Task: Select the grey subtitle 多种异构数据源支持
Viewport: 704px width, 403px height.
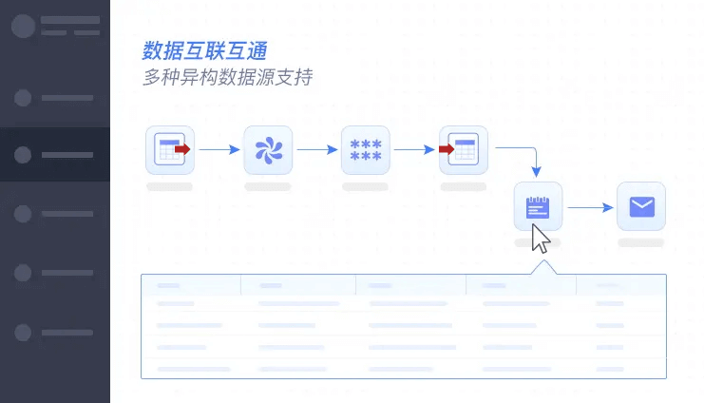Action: [227, 78]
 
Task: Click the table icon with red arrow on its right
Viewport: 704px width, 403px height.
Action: [170, 149]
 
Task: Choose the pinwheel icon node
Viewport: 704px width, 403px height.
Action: [268, 149]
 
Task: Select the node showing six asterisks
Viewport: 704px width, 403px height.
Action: [366, 149]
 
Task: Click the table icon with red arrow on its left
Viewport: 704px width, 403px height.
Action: [464, 149]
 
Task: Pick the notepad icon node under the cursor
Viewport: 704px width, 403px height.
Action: [538, 205]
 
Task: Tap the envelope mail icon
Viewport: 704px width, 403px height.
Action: [641, 206]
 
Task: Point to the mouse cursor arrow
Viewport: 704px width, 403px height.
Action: [540, 239]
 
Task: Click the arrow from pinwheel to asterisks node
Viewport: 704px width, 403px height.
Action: [316, 149]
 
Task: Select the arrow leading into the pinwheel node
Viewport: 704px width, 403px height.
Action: [219, 149]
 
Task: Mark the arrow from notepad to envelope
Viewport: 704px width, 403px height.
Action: [589, 206]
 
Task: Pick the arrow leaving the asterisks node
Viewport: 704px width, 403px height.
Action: [414, 149]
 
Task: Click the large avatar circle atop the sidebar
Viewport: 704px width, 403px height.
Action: [23, 26]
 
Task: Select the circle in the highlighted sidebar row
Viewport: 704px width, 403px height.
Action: [24, 155]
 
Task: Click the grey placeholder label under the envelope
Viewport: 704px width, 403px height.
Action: [641, 243]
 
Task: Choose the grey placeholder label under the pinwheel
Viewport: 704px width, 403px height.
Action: [268, 187]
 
